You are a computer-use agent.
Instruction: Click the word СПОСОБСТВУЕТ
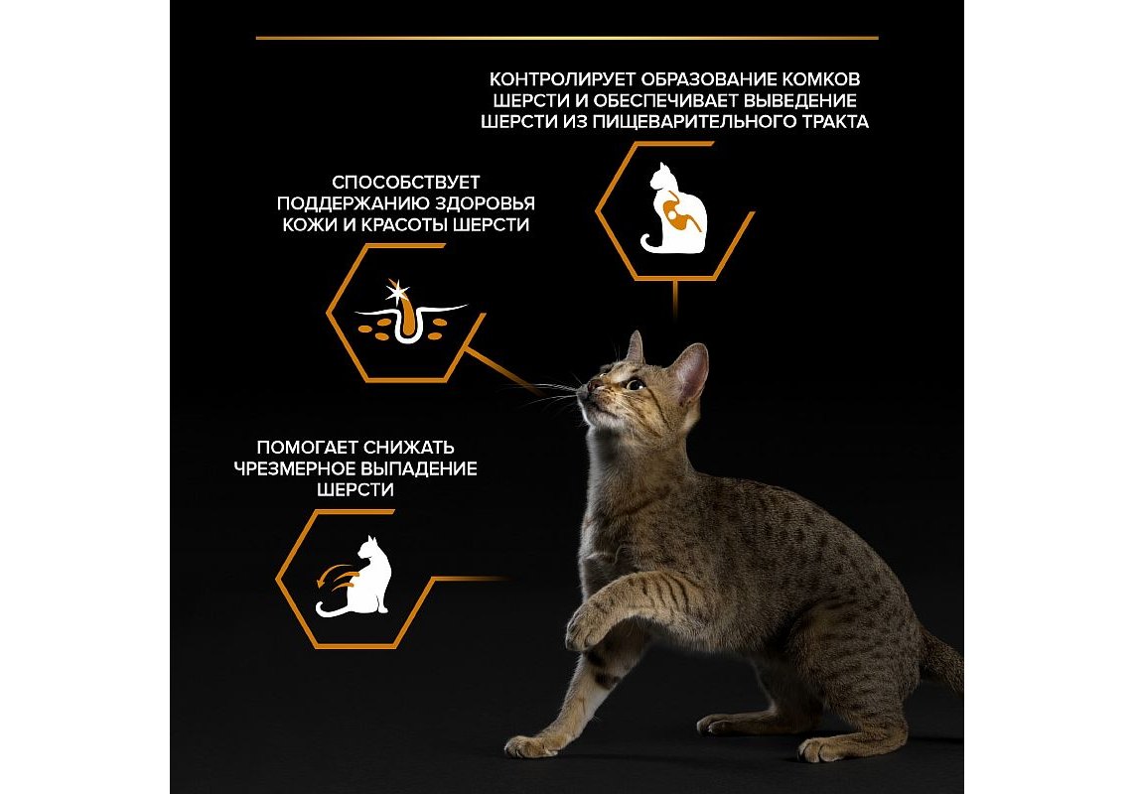[405, 183]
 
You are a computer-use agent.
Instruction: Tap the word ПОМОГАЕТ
[307, 448]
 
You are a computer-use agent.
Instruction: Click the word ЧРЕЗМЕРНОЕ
[294, 468]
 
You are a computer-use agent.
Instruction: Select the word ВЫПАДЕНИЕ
[419, 468]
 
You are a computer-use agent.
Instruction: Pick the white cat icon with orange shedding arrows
[354, 576]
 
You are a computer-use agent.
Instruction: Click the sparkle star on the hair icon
[396, 292]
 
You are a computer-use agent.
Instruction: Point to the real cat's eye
[635, 384]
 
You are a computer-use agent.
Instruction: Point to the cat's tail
[941, 660]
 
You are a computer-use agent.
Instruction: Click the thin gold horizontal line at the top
[567, 38]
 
